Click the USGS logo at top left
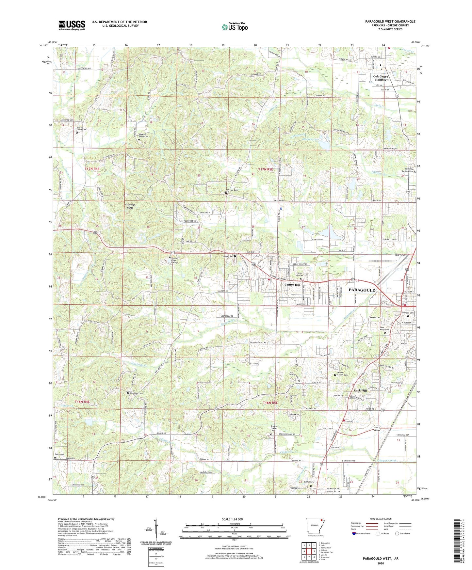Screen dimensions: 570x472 pyautogui.click(x=72, y=25)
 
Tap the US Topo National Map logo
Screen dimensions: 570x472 pyautogui.click(x=235, y=26)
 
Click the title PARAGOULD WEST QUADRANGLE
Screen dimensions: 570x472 pyautogui.click(x=390, y=22)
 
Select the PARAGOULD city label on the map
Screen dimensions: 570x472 pyautogui.click(x=362, y=290)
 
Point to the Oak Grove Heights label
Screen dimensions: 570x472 pyautogui.click(x=381, y=78)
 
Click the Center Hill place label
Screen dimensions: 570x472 pyautogui.click(x=292, y=285)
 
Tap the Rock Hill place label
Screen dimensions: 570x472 pyautogui.click(x=360, y=390)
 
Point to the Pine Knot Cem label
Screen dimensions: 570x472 pyautogui.click(x=137, y=393)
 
